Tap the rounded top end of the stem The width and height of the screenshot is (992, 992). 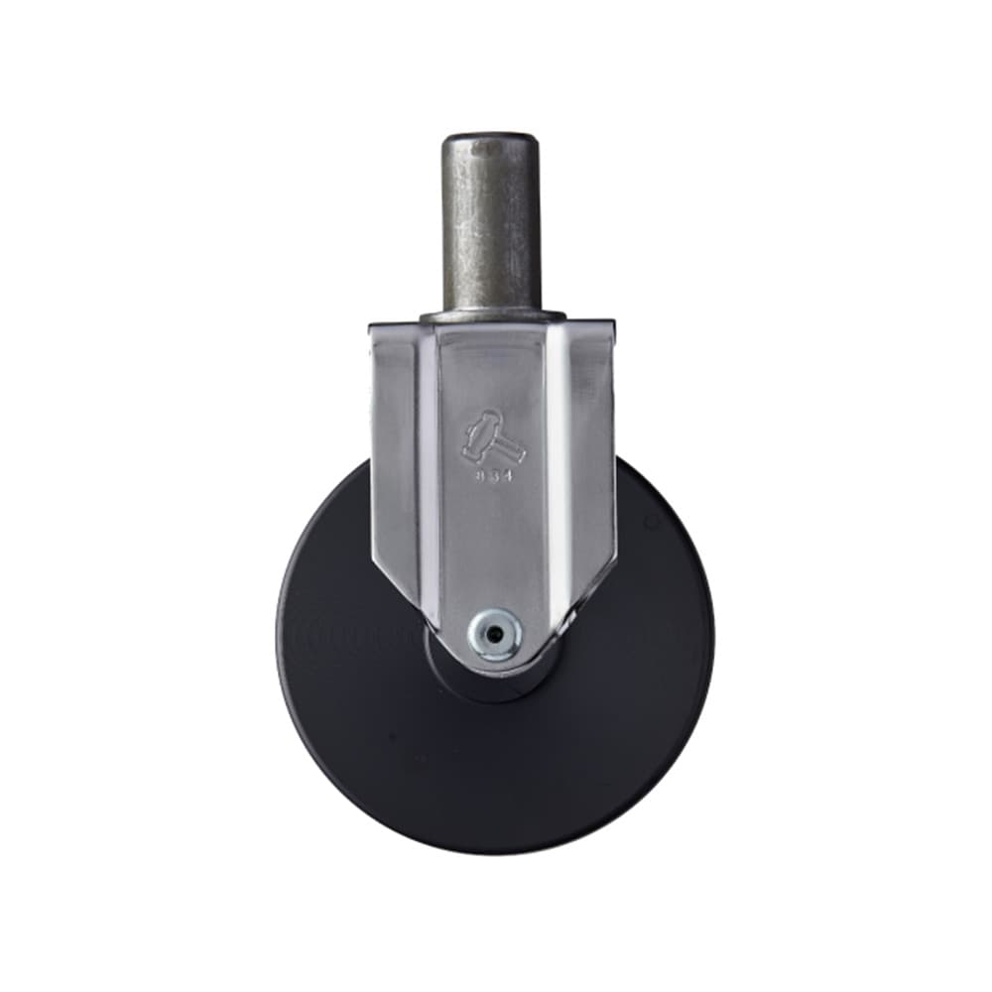point(491,139)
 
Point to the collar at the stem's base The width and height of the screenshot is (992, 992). point(491,315)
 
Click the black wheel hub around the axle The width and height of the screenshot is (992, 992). point(466,680)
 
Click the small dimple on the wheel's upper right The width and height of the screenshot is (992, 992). point(652,520)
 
